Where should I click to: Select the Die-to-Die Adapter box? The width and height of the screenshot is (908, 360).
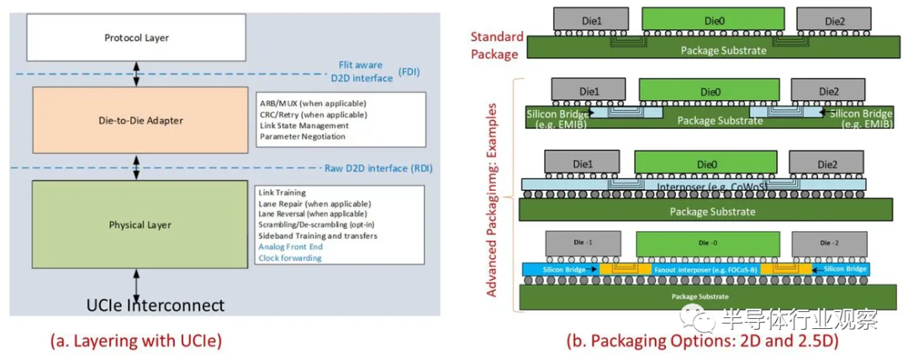tap(140, 120)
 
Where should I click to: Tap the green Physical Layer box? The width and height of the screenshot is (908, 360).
tap(140, 225)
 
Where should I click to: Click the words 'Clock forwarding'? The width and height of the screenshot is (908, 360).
tap(291, 258)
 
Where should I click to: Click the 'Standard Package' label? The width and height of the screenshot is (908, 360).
tap(497, 44)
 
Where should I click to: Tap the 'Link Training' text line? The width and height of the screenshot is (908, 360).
tap(283, 193)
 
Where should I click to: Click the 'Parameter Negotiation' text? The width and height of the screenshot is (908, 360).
tap(303, 136)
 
